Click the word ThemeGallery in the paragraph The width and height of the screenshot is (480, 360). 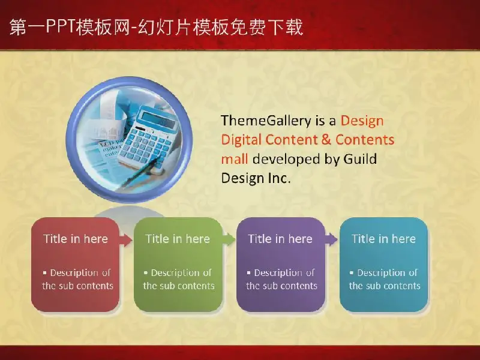pyautogui.click(x=266, y=121)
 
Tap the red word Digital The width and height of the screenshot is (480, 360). pyautogui.click(x=241, y=140)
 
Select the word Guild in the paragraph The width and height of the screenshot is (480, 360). pyautogui.click(x=360, y=159)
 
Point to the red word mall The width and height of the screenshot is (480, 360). pyautogui.click(x=234, y=159)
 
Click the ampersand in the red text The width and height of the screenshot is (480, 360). pyautogui.click(x=326, y=140)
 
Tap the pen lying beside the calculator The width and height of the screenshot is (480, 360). pyautogui.click(x=141, y=172)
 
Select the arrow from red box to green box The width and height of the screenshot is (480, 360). pyautogui.click(x=125, y=239)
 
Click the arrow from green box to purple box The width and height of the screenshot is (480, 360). pyautogui.click(x=229, y=239)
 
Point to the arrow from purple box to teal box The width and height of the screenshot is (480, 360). pyautogui.click(x=331, y=239)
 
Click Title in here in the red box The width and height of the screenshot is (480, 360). pyautogui.click(x=76, y=239)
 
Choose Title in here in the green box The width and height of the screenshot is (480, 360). pyautogui.click(x=178, y=239)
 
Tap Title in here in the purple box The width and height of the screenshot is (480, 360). pyautogui.click(x=280, y=239)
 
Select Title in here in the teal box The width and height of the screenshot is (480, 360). pyautogui.click(x=383, y=239)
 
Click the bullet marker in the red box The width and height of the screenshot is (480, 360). pyautogui.click(x=45, y=272)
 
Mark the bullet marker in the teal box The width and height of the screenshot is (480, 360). pyautogui.click(x=352, y=272)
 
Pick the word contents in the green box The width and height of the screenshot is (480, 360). pyautogui.click(x=197, y=286)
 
